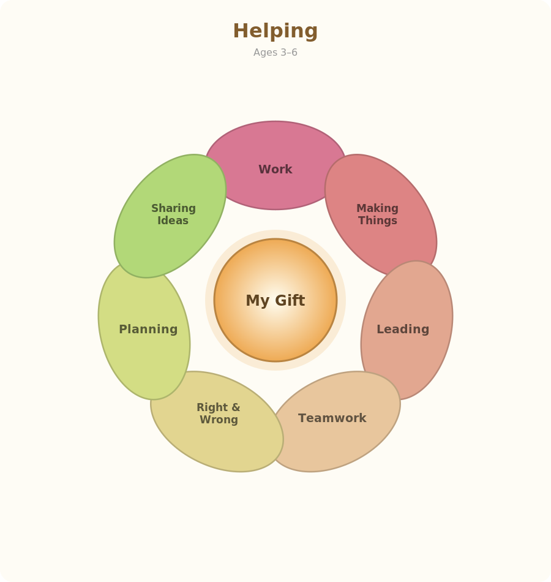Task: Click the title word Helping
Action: coord(275,31)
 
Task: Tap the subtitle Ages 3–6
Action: coord(275,52)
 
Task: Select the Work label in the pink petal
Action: coord(275,169)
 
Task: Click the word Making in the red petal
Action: coord(377,208)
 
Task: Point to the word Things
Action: coord(378,221)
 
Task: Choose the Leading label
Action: coord(403,329)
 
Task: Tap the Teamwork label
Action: coord(332,418)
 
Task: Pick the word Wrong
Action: coord(219,420)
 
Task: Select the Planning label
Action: coord(148,329)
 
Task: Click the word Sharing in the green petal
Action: coord(173,208)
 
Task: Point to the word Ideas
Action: coord(173,221)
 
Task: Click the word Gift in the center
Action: coord(290,300)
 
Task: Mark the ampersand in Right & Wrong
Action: coord(236,407)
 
